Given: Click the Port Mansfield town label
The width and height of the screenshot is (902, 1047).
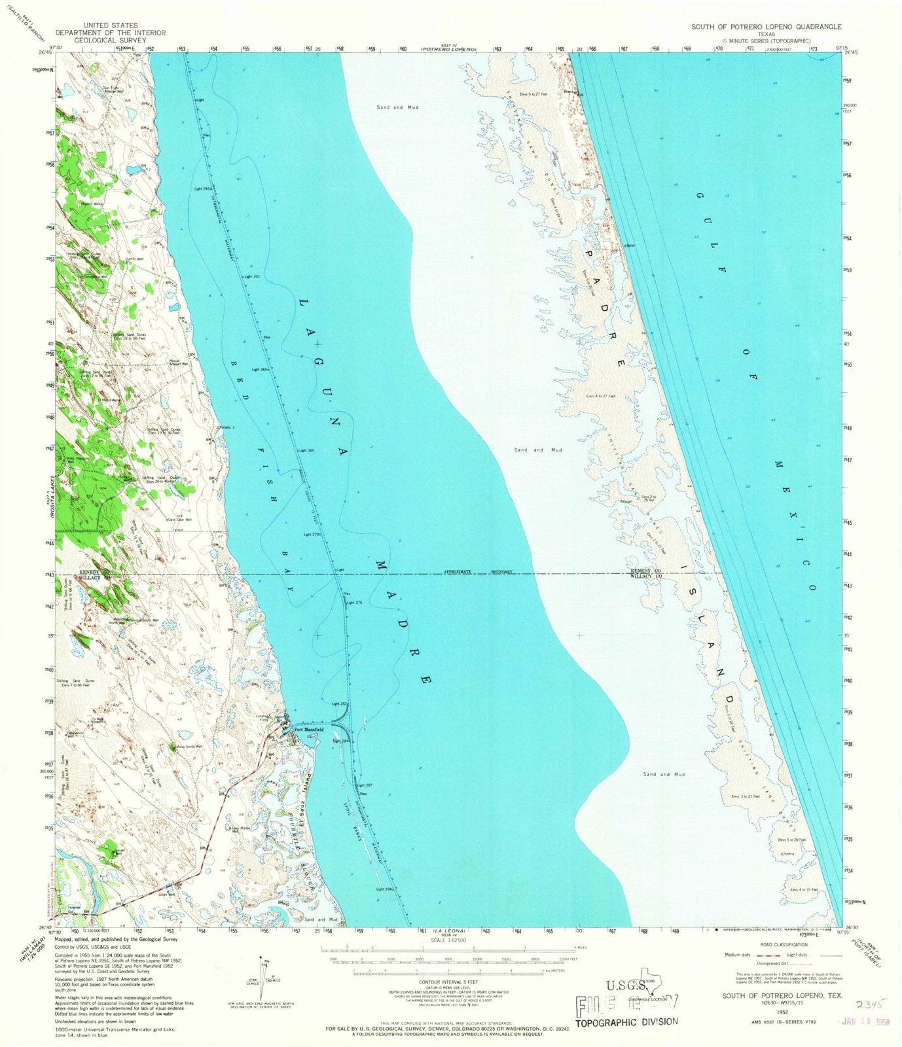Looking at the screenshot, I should pos(308,730).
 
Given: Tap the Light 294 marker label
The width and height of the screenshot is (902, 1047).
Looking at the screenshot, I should pos(384,889).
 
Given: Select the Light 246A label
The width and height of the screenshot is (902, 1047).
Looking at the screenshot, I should pos(203,188).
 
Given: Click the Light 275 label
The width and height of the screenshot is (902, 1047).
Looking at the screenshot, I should pos(354,602).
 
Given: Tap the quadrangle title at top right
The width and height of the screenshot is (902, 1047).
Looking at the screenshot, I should pos(767,27).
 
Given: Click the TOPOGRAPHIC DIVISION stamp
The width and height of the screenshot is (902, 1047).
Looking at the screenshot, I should pos(626,1021).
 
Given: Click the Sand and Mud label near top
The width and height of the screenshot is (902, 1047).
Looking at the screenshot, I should pos(397,107).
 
